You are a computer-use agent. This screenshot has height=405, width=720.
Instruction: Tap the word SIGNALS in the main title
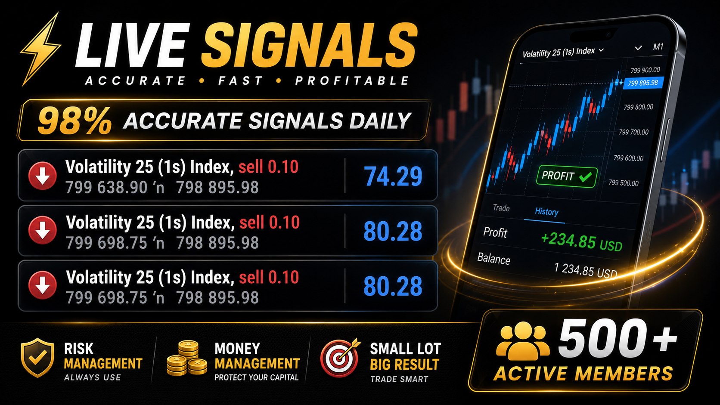309,45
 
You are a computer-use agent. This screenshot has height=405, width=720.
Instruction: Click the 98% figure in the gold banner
74,121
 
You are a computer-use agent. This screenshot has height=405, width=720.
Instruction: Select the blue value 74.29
393,176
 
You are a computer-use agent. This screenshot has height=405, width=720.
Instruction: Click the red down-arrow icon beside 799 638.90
43,176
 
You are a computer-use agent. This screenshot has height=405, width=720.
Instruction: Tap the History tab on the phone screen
546,212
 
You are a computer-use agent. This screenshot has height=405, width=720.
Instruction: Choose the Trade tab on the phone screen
501,208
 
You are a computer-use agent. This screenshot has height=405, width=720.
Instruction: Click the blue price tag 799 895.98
643,83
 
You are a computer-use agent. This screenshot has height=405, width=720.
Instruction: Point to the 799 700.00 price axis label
633,132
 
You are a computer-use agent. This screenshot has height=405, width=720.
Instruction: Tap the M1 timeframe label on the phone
658,47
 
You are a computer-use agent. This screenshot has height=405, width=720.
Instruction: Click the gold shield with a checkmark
37,357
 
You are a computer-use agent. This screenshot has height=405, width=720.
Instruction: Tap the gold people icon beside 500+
523,341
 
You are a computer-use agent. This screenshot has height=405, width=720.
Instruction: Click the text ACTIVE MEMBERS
583,374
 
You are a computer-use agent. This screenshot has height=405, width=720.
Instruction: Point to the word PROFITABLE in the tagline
352,80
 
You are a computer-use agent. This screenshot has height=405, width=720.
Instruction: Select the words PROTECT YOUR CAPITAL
257,377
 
